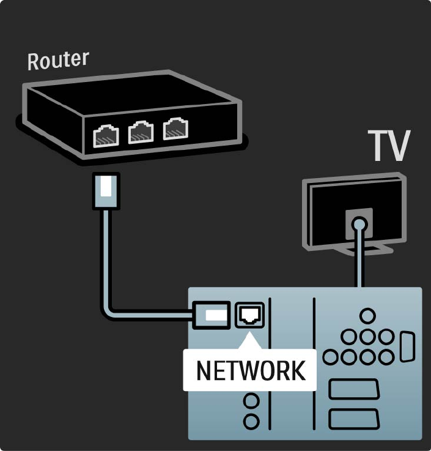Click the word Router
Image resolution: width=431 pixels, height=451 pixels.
click(58, 61)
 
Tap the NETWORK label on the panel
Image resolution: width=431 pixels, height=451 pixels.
click(249, 370)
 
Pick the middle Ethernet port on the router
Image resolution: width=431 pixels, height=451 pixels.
click(140, 132)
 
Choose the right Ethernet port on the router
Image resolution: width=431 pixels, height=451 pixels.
click(175, 128)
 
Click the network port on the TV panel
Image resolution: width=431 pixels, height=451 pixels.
click(249, 315)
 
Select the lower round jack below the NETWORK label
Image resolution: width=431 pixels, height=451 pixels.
click(251, 422)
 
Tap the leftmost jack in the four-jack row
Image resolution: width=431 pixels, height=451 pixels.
click(330, 357)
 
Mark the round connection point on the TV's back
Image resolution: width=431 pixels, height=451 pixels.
click(359, 223)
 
